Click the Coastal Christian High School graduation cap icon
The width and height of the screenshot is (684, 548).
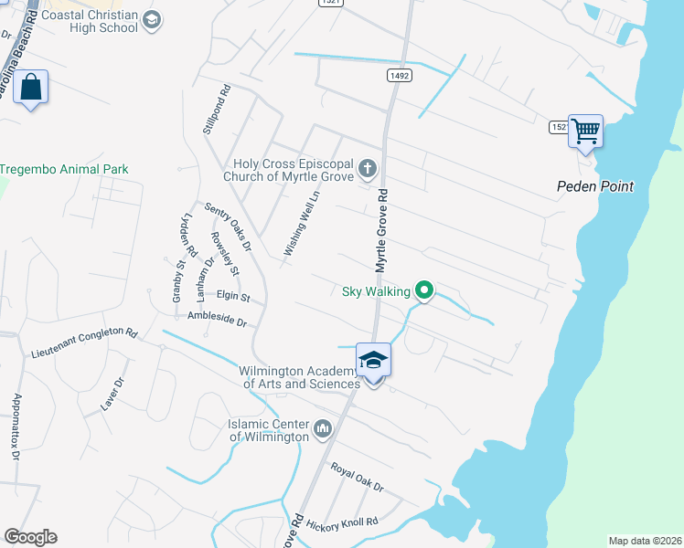pyautogui.click(x=153, y=20)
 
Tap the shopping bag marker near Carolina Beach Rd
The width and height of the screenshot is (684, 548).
pyautogui.click(x=30, y=88)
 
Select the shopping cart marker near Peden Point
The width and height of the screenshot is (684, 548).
pyautogui.click(x=585, y=131)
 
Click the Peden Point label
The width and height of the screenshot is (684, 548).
pyautogui.click(x=595, y=186)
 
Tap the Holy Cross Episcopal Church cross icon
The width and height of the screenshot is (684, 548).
pyautogui.click(x=367, y=168)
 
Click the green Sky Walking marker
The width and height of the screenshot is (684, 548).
pyautogui.click(x=424, y=291)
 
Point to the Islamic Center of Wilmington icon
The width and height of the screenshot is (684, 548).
pyautogui.click(x=322, y=428)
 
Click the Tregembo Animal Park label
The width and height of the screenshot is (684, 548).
pyautogui.click(x=64, y=169)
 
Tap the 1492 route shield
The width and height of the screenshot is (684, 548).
pyautogui.click(x=398, y=76)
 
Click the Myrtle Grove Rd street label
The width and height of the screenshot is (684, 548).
pyautogui.click(x=382, y=230)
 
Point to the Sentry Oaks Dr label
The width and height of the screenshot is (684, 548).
pyautogui.click(x=228, y=226)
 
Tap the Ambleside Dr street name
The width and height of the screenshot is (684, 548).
pyautogui.click(x=217, y=321)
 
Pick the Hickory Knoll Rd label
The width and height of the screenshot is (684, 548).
pyautogui.click(x=341, y=522)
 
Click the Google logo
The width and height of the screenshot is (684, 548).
pyautogui.click(x=30, y=537)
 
